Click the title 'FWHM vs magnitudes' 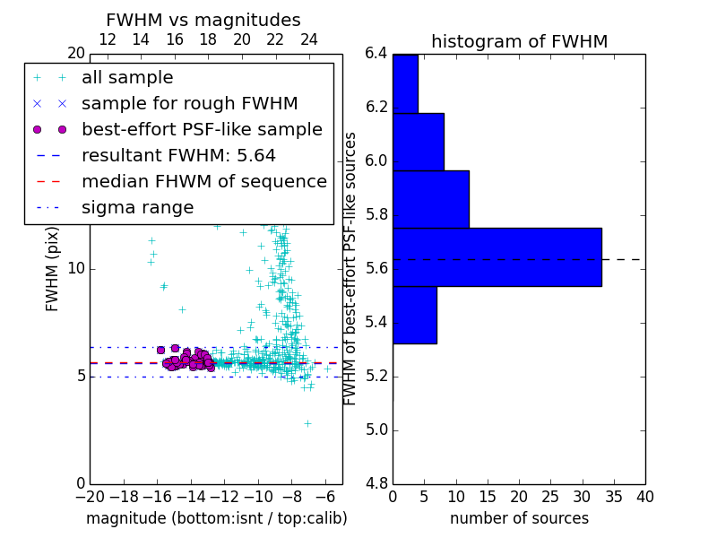[x=203, y=21]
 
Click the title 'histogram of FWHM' [x=519, y=41]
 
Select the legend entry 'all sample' [x=127, y=78]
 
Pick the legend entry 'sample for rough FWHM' [x=189, y=103]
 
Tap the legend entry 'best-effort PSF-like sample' [x=202, y=129]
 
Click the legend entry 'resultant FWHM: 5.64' [x=178, y=155]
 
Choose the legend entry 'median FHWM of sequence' [x=203, y=181]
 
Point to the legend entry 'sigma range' [x=137, y=207]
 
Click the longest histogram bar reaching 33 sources [x=497, y=257]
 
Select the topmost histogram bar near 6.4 [x=405, y=83]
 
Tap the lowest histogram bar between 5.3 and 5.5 [x=414, y=315]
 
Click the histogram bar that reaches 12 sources [x=430, y=199]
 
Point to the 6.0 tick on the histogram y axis [x=376, y=161]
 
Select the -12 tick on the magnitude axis [x=224, y=497]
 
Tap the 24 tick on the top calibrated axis [x=309, y=39]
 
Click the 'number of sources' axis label [x=519, y=518]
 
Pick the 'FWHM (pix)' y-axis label [x=53, y=269]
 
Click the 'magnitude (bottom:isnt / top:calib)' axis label [x=216, y=518]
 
